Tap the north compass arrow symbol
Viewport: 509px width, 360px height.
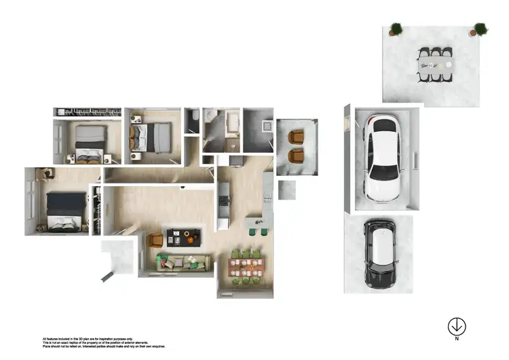tap(457, 327)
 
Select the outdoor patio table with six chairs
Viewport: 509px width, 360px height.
tap(434, 65)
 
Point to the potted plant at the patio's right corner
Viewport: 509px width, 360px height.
tap(480, 29)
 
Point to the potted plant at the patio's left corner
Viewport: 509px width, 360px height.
tap(396, 29)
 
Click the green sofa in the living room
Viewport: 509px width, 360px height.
tap(182, 262)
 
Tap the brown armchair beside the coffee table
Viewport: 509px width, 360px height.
tap(155, 240)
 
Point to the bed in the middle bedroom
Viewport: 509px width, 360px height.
tap(151, 137)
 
